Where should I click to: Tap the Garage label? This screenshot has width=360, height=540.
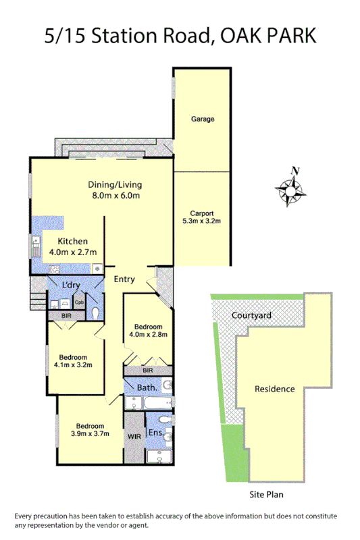202,119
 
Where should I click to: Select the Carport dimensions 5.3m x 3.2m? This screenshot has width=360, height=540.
202,221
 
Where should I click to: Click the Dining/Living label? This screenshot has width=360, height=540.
115,184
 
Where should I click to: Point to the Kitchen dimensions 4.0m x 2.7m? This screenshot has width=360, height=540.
73,252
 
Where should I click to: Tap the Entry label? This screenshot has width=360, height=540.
124,279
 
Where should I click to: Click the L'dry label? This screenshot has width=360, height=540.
72,286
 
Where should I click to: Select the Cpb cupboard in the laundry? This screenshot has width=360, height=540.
79,302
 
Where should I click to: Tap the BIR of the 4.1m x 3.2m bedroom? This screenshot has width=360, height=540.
66,315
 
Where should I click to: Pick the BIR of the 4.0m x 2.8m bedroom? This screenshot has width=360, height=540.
148,371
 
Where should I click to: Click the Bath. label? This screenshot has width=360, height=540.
147,387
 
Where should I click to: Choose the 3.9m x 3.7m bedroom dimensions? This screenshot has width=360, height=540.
90,435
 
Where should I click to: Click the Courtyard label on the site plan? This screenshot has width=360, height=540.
251,315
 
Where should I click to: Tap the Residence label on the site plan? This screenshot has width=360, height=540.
274,389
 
